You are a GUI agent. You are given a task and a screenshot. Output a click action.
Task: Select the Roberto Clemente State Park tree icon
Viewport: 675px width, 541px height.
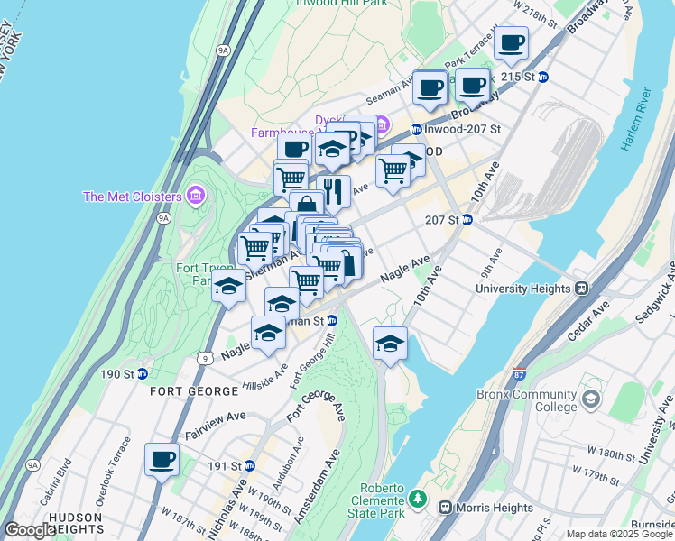click(416, 498)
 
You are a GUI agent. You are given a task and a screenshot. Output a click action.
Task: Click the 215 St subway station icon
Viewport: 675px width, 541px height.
click(543, 77)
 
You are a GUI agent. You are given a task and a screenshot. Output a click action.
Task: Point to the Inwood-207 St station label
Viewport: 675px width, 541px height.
click(462, 129)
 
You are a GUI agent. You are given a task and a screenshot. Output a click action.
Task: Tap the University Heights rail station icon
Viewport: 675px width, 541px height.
click(582, 289)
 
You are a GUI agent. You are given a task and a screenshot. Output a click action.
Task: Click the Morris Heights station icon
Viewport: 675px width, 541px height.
click(445, 508)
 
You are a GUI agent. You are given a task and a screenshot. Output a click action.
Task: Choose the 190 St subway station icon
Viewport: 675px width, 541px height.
click(143, 373)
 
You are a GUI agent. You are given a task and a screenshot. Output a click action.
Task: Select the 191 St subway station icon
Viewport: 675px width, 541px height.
click(250, 466)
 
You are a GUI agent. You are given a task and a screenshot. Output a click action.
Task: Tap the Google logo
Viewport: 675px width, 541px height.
click(30, 530)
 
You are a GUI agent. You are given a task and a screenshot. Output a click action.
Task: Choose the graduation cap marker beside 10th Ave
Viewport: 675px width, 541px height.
click(390, 344)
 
